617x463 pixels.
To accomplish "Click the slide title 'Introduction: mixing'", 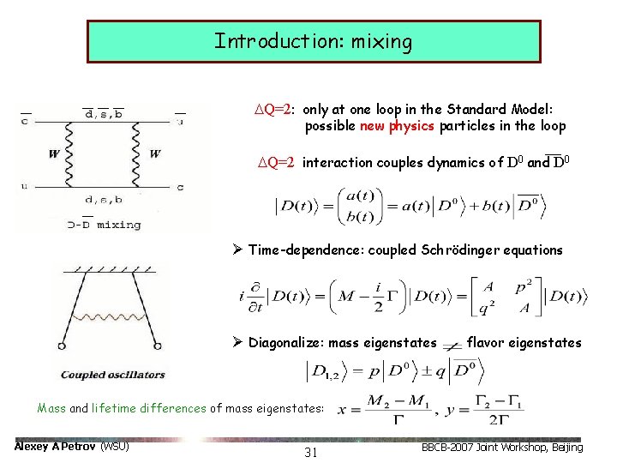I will [313, 41].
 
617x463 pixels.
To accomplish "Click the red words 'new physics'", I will [397, 126].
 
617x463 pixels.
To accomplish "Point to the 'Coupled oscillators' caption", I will [112, 375].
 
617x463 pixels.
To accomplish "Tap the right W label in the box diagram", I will [154, 154].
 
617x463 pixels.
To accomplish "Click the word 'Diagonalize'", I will [286, 343].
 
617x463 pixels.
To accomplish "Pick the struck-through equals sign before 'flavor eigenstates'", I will [451, 344].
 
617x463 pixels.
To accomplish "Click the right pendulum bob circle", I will [158, 346].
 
